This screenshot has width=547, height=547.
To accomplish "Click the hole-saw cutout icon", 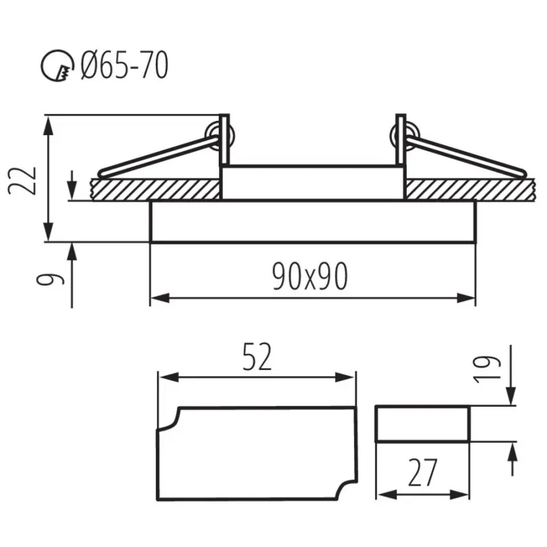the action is pos(57,66).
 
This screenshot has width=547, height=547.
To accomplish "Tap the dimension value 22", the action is pos(22,181).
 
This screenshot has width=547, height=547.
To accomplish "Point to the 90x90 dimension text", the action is pos(310,276).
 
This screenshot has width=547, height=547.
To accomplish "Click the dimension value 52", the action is pos(257,357).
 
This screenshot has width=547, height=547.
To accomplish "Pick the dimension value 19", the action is pos(487,369).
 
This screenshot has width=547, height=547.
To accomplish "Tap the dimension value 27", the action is pos(422,473).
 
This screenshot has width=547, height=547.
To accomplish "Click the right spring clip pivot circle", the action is pos(405,136).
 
